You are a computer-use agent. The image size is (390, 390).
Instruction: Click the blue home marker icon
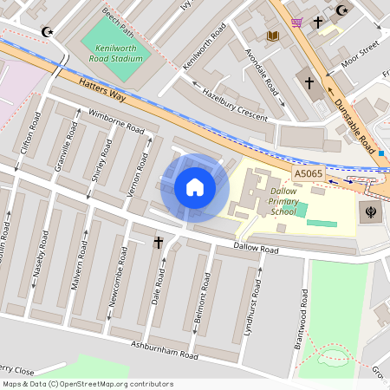195,186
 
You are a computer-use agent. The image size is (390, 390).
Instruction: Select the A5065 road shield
308,174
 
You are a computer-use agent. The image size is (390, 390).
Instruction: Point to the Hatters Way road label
102,91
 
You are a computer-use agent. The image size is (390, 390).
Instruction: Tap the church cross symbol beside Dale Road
159,244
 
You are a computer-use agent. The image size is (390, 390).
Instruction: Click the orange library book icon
273,36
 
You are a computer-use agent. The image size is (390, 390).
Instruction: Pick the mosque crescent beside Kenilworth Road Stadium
48,32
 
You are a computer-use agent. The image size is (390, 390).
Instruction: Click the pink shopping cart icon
296,22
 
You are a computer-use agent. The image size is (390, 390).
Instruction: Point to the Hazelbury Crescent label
233,102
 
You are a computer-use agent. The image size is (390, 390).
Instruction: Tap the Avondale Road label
262,76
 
